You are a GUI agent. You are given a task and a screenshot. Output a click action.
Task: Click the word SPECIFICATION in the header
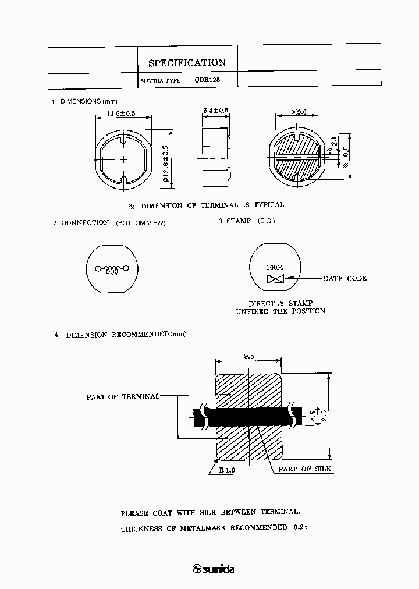tap(187, 63)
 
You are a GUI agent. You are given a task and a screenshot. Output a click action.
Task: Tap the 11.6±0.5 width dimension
tap(121, 114)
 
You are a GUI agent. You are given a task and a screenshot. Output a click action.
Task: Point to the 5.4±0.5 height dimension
tap(216, 111)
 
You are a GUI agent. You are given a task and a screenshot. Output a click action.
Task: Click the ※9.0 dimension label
tap(297, 113)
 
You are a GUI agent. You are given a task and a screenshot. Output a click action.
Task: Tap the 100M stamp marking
tap(275, 268)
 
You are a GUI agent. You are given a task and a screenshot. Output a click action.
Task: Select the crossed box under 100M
tap(275, 278)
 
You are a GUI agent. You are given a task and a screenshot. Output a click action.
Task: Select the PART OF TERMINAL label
tap(123, 396)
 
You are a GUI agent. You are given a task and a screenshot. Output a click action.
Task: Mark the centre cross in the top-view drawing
tap(124, 159)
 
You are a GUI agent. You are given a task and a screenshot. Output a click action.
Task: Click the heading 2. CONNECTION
tap(81, 222)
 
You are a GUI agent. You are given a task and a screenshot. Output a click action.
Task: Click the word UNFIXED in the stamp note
tap(252, 311)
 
